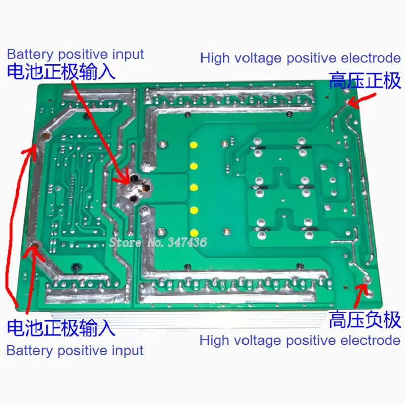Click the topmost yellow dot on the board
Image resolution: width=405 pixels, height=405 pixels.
(193, 145)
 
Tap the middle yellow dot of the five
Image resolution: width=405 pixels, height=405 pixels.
(193, 188)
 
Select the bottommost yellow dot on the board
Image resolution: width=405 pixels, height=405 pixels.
(193, 232)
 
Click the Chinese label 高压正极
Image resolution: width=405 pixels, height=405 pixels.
(364, 80)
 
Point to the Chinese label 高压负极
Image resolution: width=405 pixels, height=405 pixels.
(364, 319)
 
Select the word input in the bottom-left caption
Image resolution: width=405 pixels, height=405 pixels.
(127, 350)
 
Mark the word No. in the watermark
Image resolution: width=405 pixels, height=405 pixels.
(153, 242)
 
